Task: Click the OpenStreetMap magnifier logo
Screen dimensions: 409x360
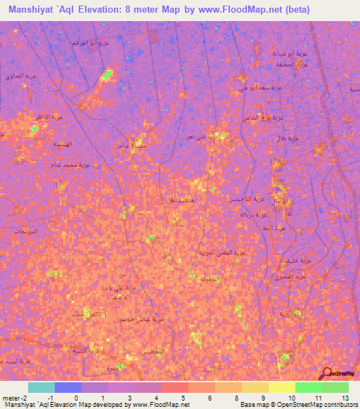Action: (x=328, y=372)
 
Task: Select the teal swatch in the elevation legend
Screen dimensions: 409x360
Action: (x=41, y=387)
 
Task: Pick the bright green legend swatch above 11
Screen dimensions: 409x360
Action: (x=308, y=387)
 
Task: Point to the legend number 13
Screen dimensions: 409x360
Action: (x=345, y=397)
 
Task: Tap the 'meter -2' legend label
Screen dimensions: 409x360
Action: (x=15, y=397)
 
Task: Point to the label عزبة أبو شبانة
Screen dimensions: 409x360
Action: (x=288, y=53)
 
